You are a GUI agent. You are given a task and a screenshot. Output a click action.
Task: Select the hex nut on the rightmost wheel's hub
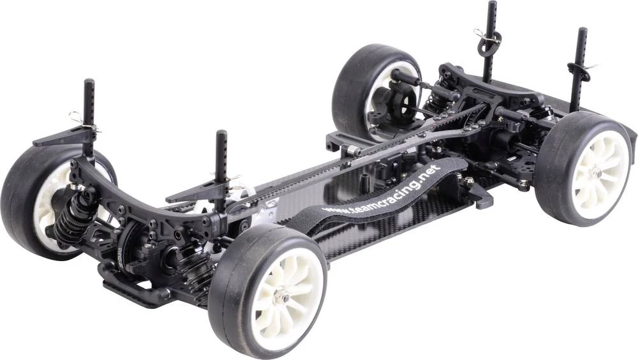(x=595, y=173)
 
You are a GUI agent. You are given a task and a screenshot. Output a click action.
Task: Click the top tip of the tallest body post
(x=493, y=2)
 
